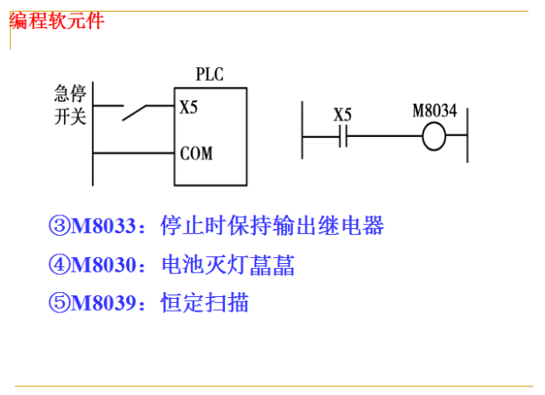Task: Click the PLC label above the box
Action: tap(209, 74)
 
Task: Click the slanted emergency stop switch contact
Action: tap(136, 112)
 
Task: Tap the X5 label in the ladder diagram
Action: tap(342, 114)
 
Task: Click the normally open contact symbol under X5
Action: tap(342, 136)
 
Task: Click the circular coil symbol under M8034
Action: tap(434, 136)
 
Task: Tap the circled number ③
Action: tap(59, 227)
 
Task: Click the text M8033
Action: tap(103, 227)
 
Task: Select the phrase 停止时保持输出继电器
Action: tap(272, 227)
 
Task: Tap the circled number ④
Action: tap(59, 266)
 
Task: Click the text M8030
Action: tap(103, 266)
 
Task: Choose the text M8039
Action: tap(103, 302)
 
